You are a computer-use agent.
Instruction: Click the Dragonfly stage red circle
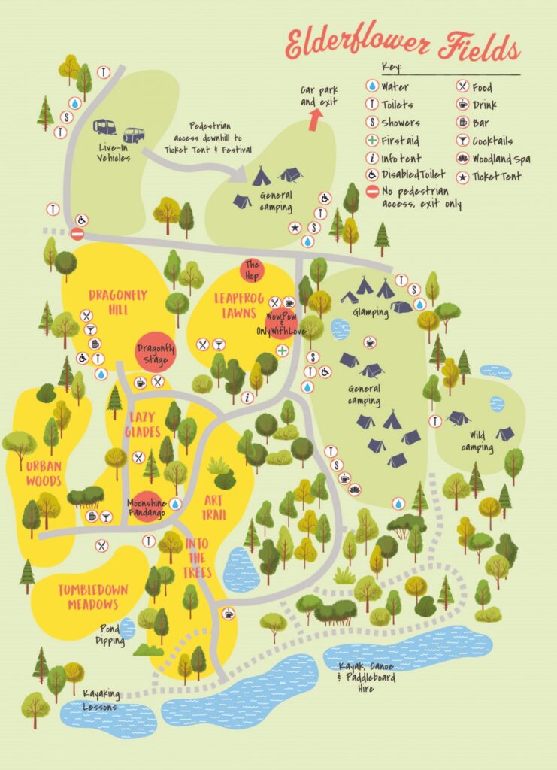[156, 354]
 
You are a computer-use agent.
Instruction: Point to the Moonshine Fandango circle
[147, 505]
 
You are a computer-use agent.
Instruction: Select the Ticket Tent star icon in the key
[462, 177]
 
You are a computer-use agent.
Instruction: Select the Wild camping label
[477, 441]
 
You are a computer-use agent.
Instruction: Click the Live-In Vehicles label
[114, 153]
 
